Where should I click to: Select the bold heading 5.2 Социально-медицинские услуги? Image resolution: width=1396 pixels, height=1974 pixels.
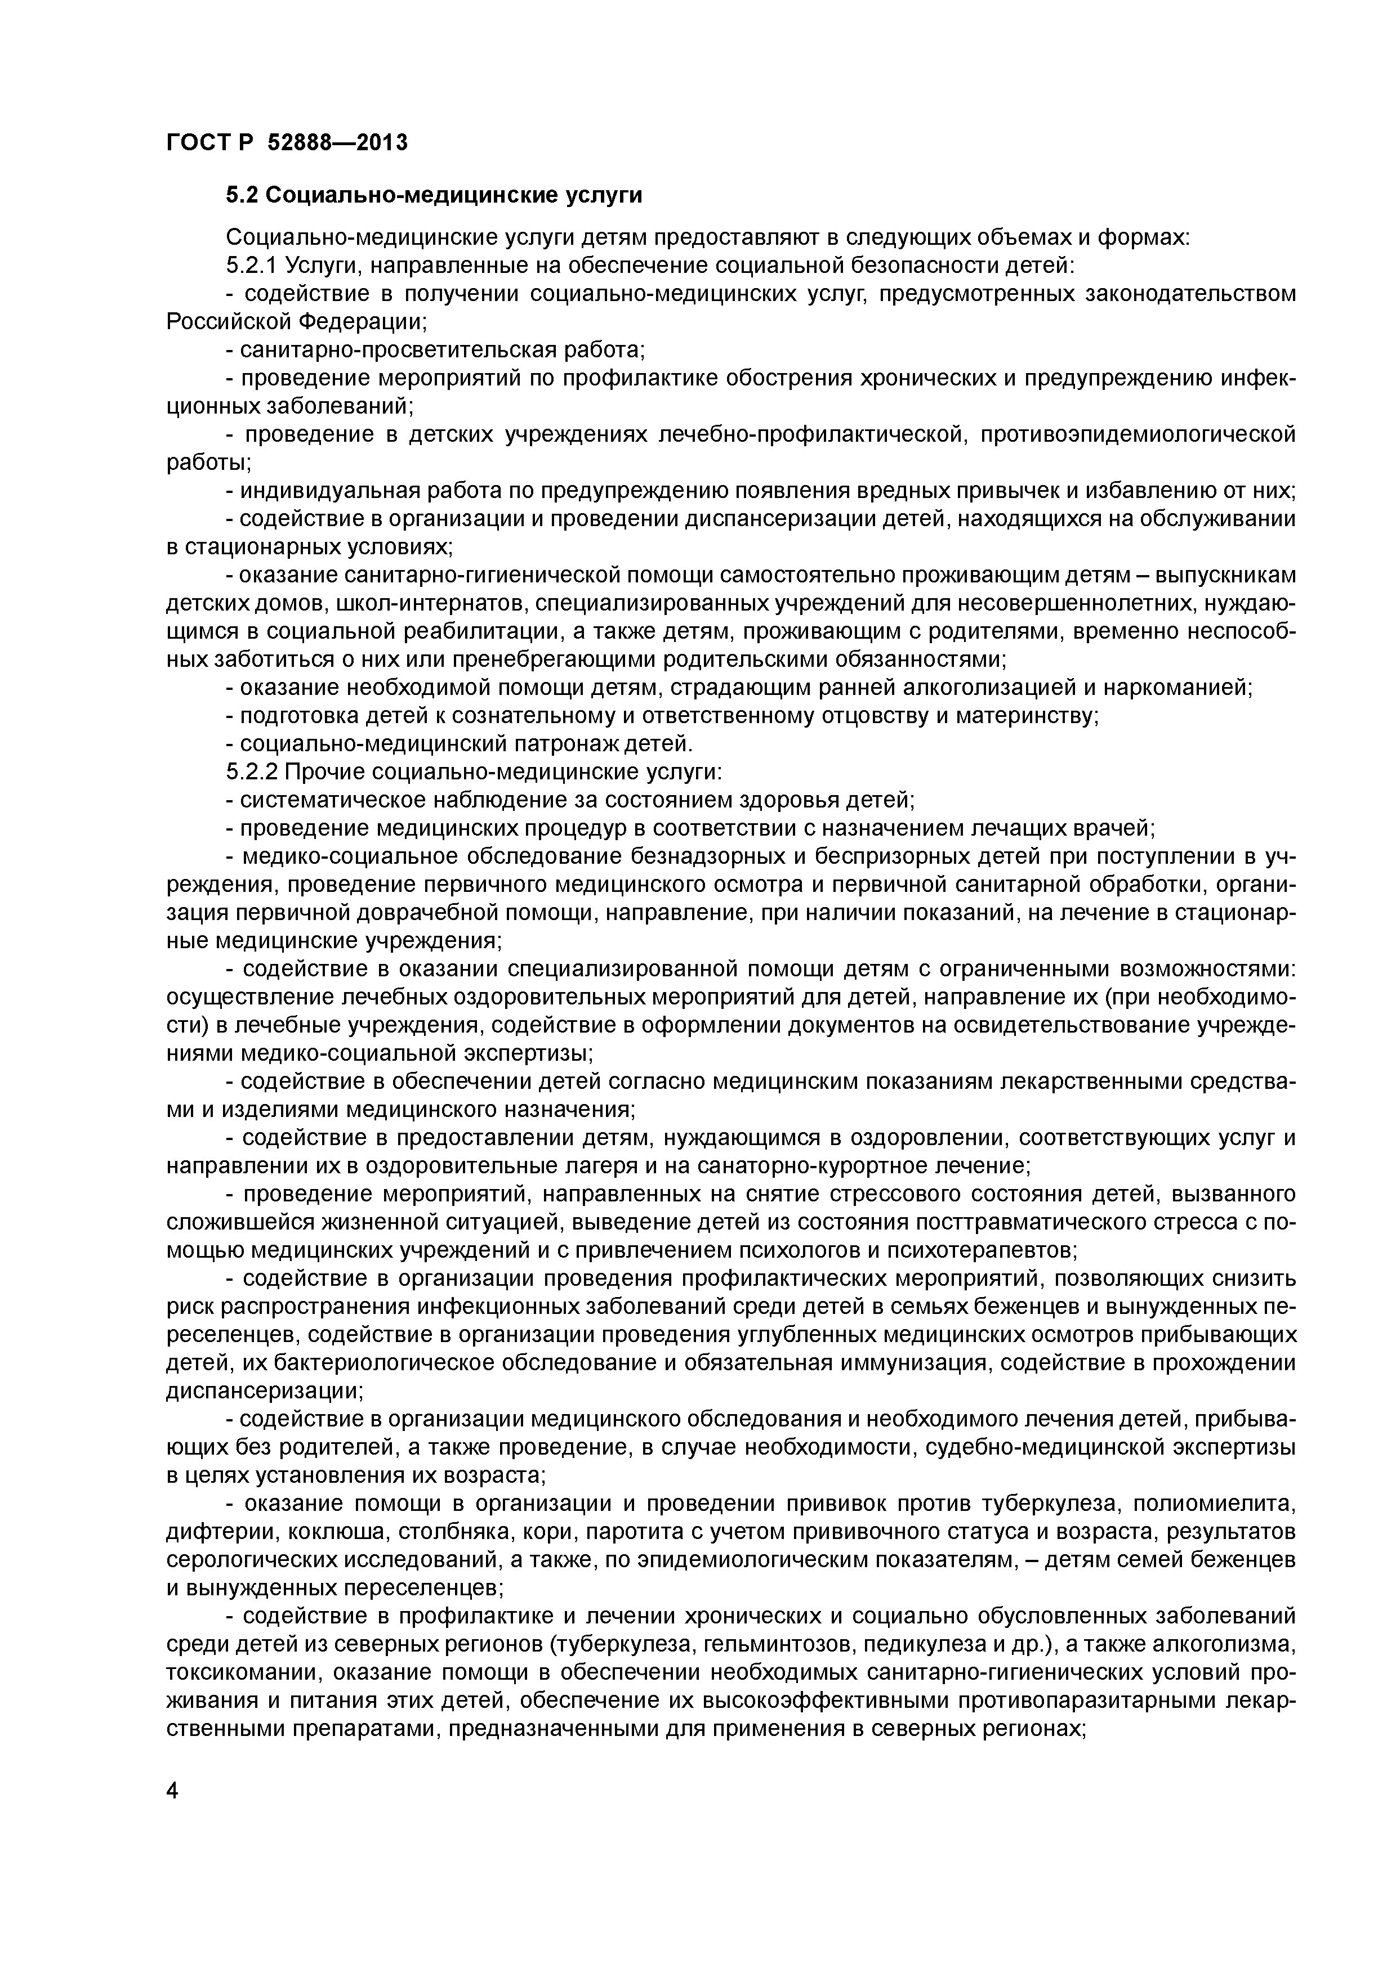click(434, 196)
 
